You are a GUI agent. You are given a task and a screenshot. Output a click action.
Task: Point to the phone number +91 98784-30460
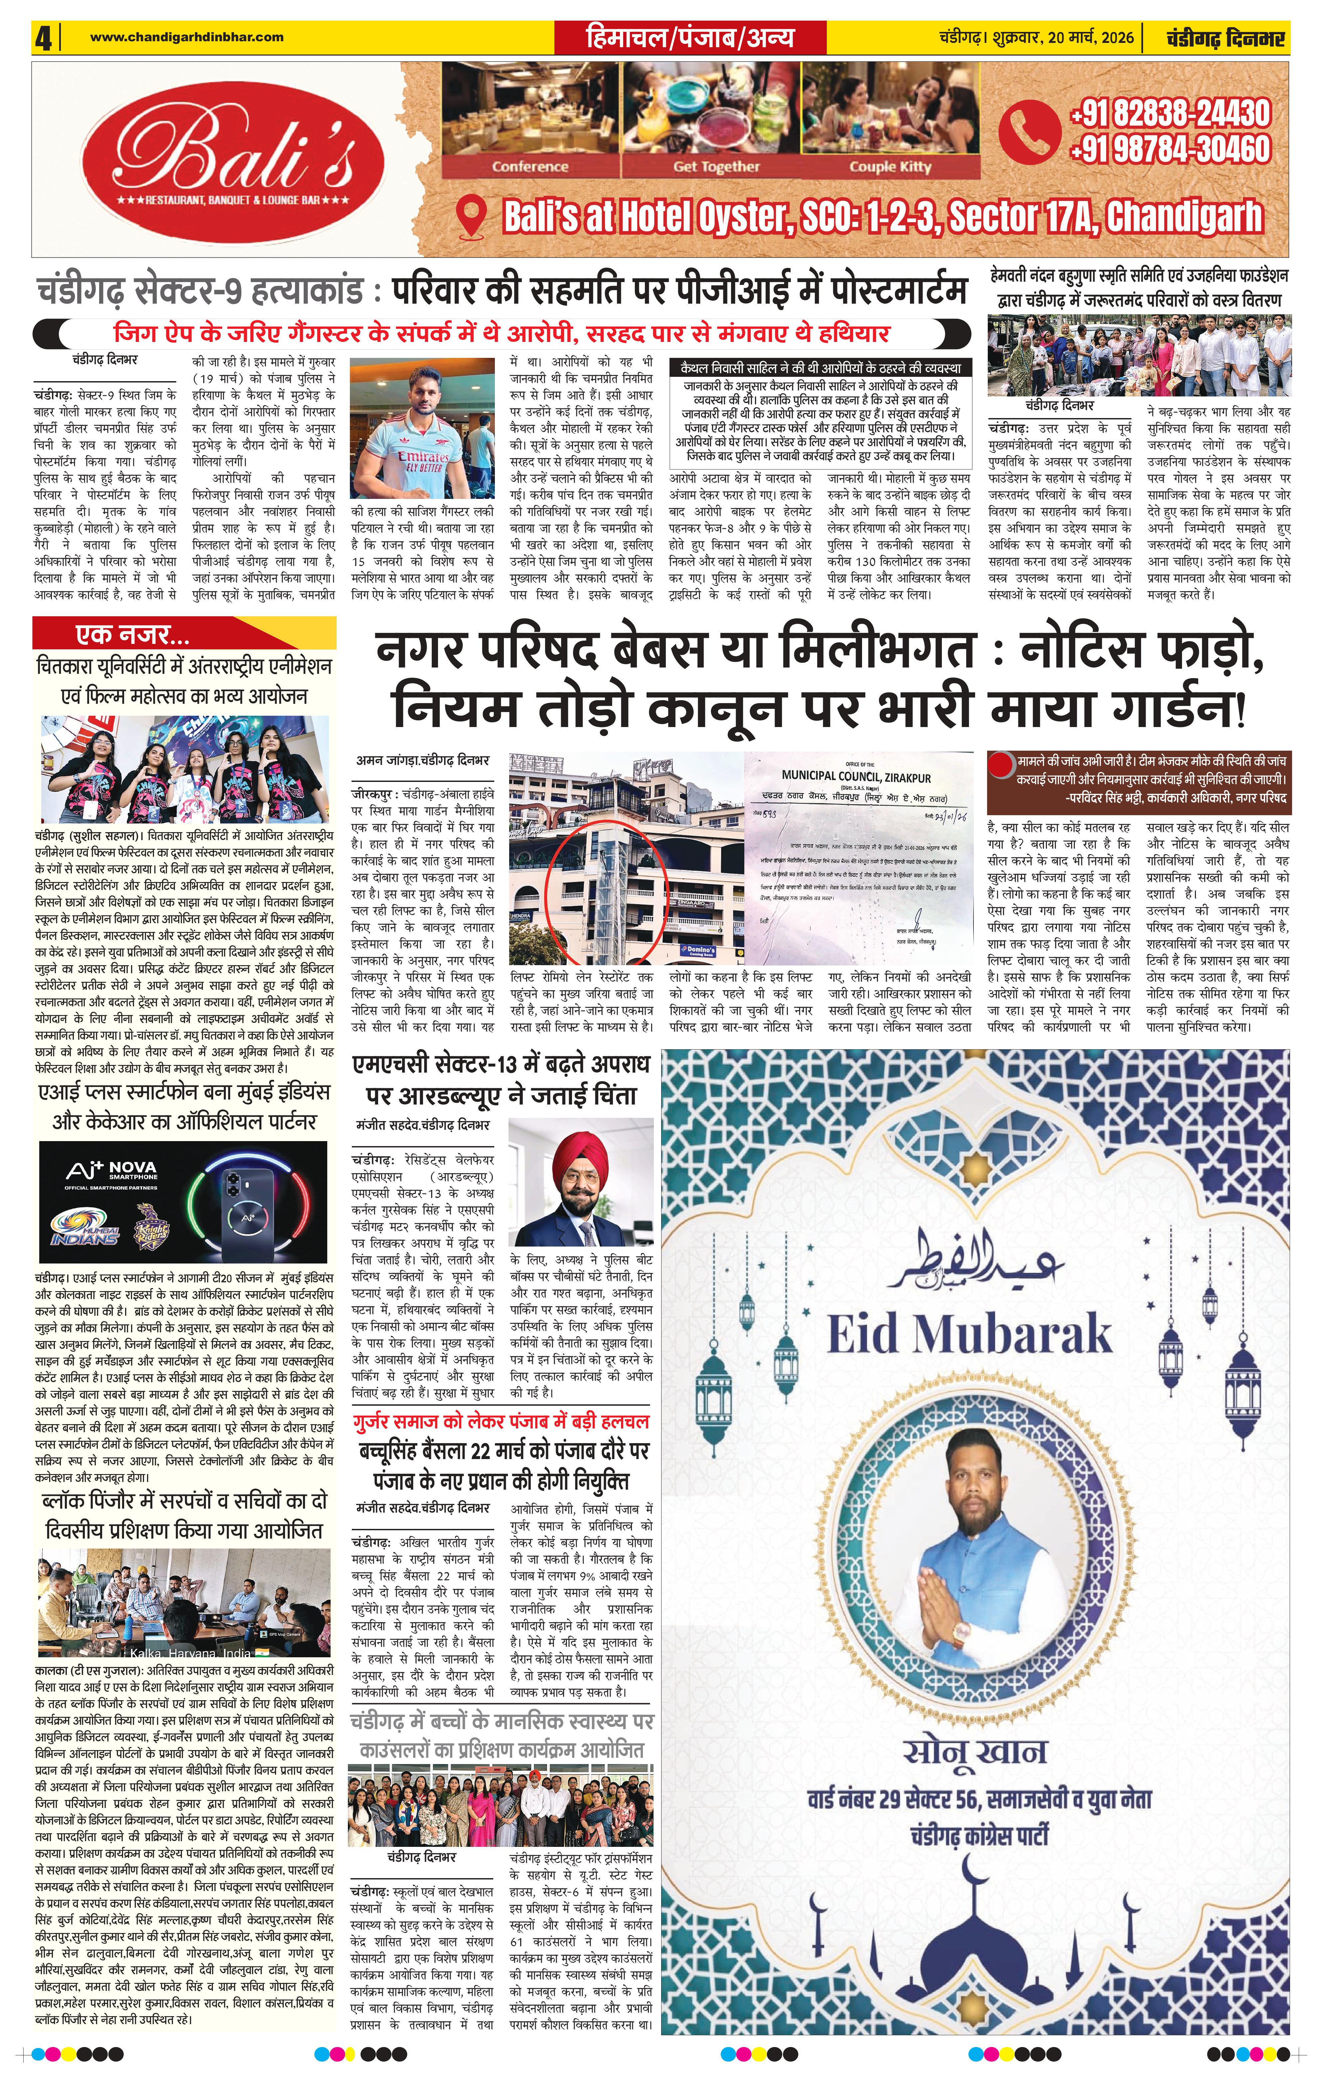pos(1170,149)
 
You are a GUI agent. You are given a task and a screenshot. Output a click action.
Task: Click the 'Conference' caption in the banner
pos(530,167)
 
